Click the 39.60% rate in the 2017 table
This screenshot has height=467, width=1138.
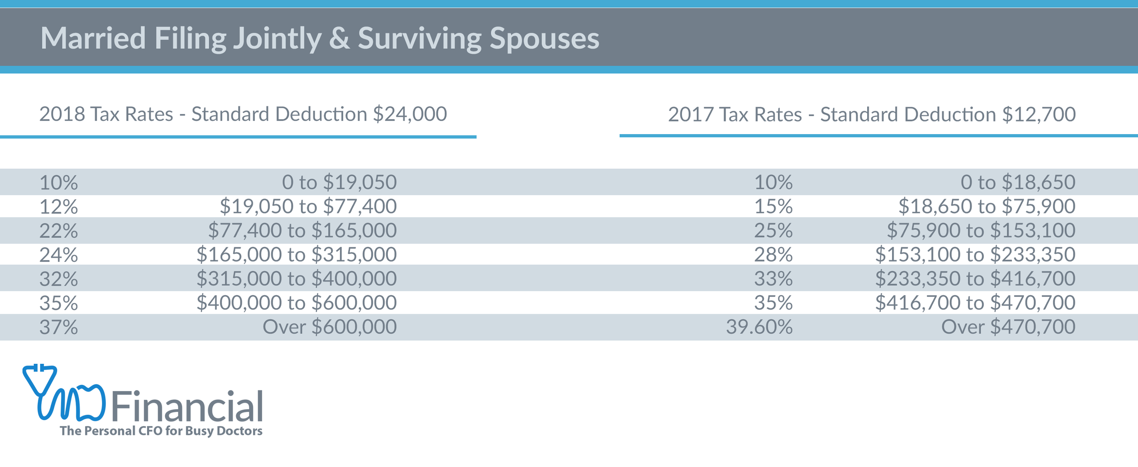coord(759,327)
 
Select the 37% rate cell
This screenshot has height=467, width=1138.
coord(58,327)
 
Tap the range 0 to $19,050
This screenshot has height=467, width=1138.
coord(339,182)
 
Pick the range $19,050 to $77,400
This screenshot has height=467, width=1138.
coord(308,206)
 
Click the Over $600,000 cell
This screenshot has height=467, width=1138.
coord(330,327)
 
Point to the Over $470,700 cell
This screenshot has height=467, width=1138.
coord(1008,327)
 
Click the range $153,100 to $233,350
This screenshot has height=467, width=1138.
coord(975,255)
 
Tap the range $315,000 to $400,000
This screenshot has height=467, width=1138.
coord(296,279)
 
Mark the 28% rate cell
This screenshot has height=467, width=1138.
coord(773,255)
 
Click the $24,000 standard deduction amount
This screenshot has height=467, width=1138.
coord(410,114)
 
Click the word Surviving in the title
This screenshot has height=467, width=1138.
coord(419,38)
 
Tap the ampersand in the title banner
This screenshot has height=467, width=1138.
coord(339,38)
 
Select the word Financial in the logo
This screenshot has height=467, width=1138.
coord(187,406)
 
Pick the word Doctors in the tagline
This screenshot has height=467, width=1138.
coord(239,431)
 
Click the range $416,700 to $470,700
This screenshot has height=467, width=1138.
coord(975,303)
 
